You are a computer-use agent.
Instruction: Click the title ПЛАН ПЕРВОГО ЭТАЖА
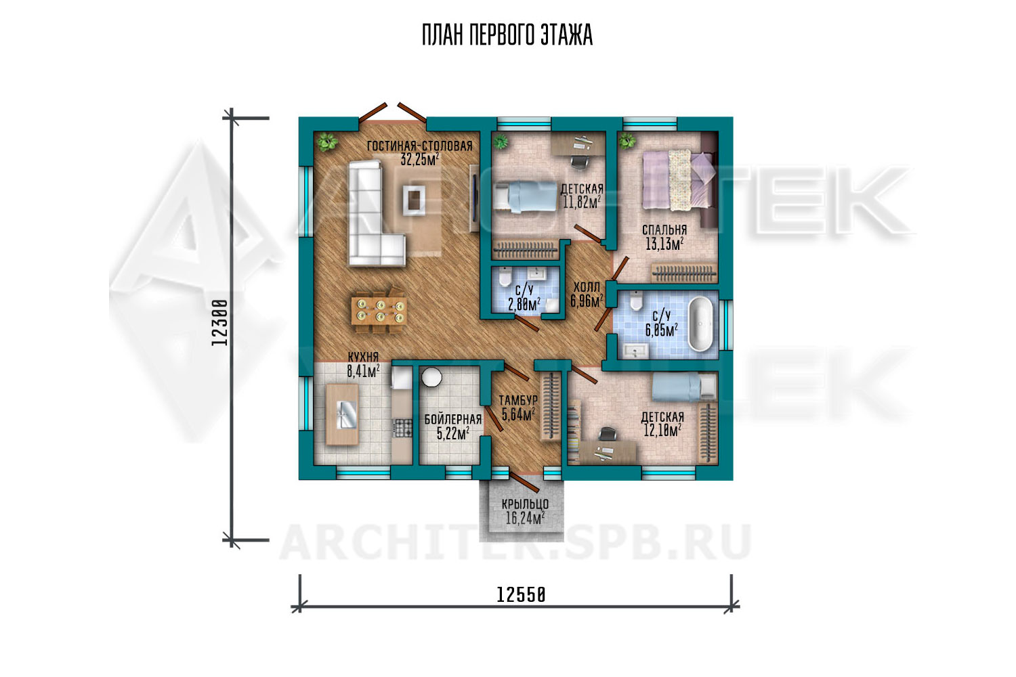tap(507, 35)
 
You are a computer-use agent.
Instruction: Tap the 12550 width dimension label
tap(521, 595)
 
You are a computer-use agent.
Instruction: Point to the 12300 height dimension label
tap(219, 322)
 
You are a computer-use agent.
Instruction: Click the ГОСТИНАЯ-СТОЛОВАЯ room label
tap(419, 146)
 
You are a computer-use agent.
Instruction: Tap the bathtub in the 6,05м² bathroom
tap(701, 324)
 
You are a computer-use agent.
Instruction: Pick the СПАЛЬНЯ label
tap(664, 230)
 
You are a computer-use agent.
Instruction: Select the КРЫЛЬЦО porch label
tap(525, 504)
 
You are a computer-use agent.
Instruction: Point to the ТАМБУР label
tap(518, 400)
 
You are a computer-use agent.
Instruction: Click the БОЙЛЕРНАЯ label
tap(452, 420)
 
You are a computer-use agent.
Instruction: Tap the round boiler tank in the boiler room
tap(431, 377)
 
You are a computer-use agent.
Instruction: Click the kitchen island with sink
tap(343, 414)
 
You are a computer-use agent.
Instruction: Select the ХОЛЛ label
tap(587, 287)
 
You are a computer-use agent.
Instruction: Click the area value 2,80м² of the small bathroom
tap(524, 304)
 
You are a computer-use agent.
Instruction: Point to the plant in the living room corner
tap(327, 141)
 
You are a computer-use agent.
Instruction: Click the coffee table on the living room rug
tap(414, 200)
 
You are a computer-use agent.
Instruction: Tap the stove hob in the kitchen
tap(402, 427)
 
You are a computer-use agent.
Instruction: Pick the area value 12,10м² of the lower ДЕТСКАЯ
tap(662, 431)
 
